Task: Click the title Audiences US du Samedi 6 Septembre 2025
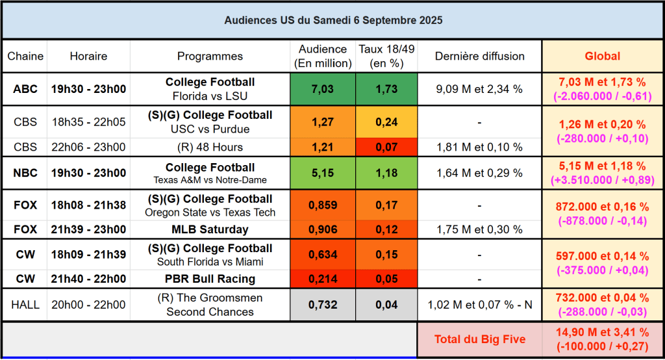click(x=333, y=20)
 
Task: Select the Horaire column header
click(x=88, y=56)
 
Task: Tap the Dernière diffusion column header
click(x=479, y=56)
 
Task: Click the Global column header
click(x=602, y=56)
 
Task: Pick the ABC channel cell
click(x=25, y=89)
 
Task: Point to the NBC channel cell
click(x=25, y=173)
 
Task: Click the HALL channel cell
click(x=25, y=305)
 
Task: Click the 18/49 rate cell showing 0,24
click(x=386, y=121)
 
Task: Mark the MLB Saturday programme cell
click(x=210, y=229)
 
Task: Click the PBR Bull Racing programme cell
click(x=210, y=279)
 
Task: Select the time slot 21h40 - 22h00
click(x=88, y=279)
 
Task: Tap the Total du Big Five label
click(x=479, y=340)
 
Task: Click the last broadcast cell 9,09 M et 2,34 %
click(x=479, y=89)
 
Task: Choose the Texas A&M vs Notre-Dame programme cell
click(x=210, y=174)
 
